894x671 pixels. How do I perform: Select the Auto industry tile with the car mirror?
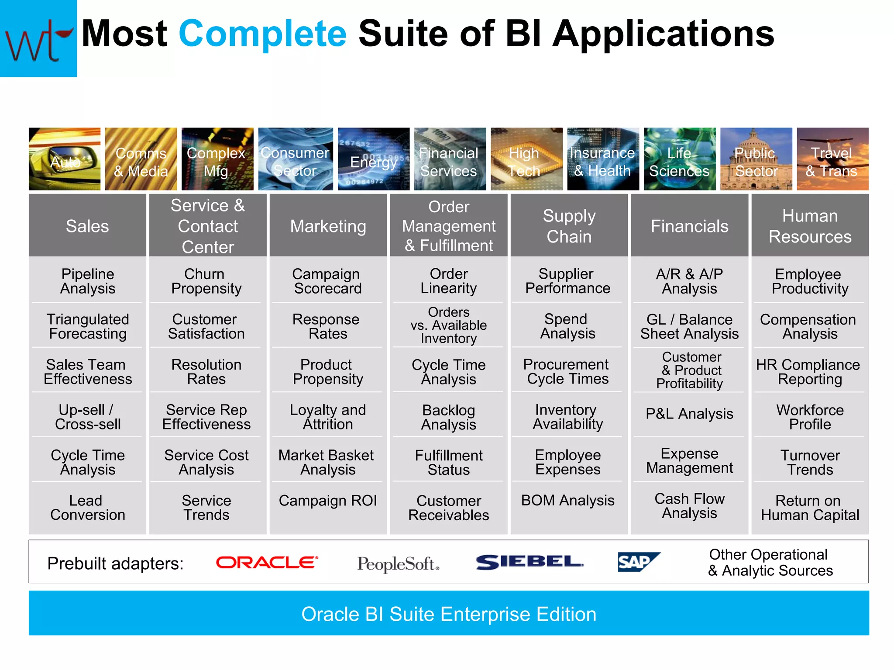[65, 159]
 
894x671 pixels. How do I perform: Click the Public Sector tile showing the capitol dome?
[756, 159]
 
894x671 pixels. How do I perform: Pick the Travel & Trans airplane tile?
[832, 159]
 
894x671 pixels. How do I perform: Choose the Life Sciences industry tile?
[679, 159]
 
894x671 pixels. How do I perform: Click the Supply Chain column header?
[569, 226]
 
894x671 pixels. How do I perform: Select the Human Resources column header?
[810, 226]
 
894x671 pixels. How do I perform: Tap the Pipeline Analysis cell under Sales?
[88, 281]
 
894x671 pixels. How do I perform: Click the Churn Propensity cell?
[206, 281]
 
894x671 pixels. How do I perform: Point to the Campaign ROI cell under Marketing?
[327, 501]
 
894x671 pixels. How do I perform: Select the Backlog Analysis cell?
[448, 417]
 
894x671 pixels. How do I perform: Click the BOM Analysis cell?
[567, 501]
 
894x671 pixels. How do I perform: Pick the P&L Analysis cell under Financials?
[689, 414]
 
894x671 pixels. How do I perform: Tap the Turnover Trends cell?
[810, 462]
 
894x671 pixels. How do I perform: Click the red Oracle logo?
[267, 562]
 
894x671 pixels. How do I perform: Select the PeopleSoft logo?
[398, 564]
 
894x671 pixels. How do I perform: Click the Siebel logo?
[530, 562]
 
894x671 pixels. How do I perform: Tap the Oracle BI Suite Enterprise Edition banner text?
[448, 614]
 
